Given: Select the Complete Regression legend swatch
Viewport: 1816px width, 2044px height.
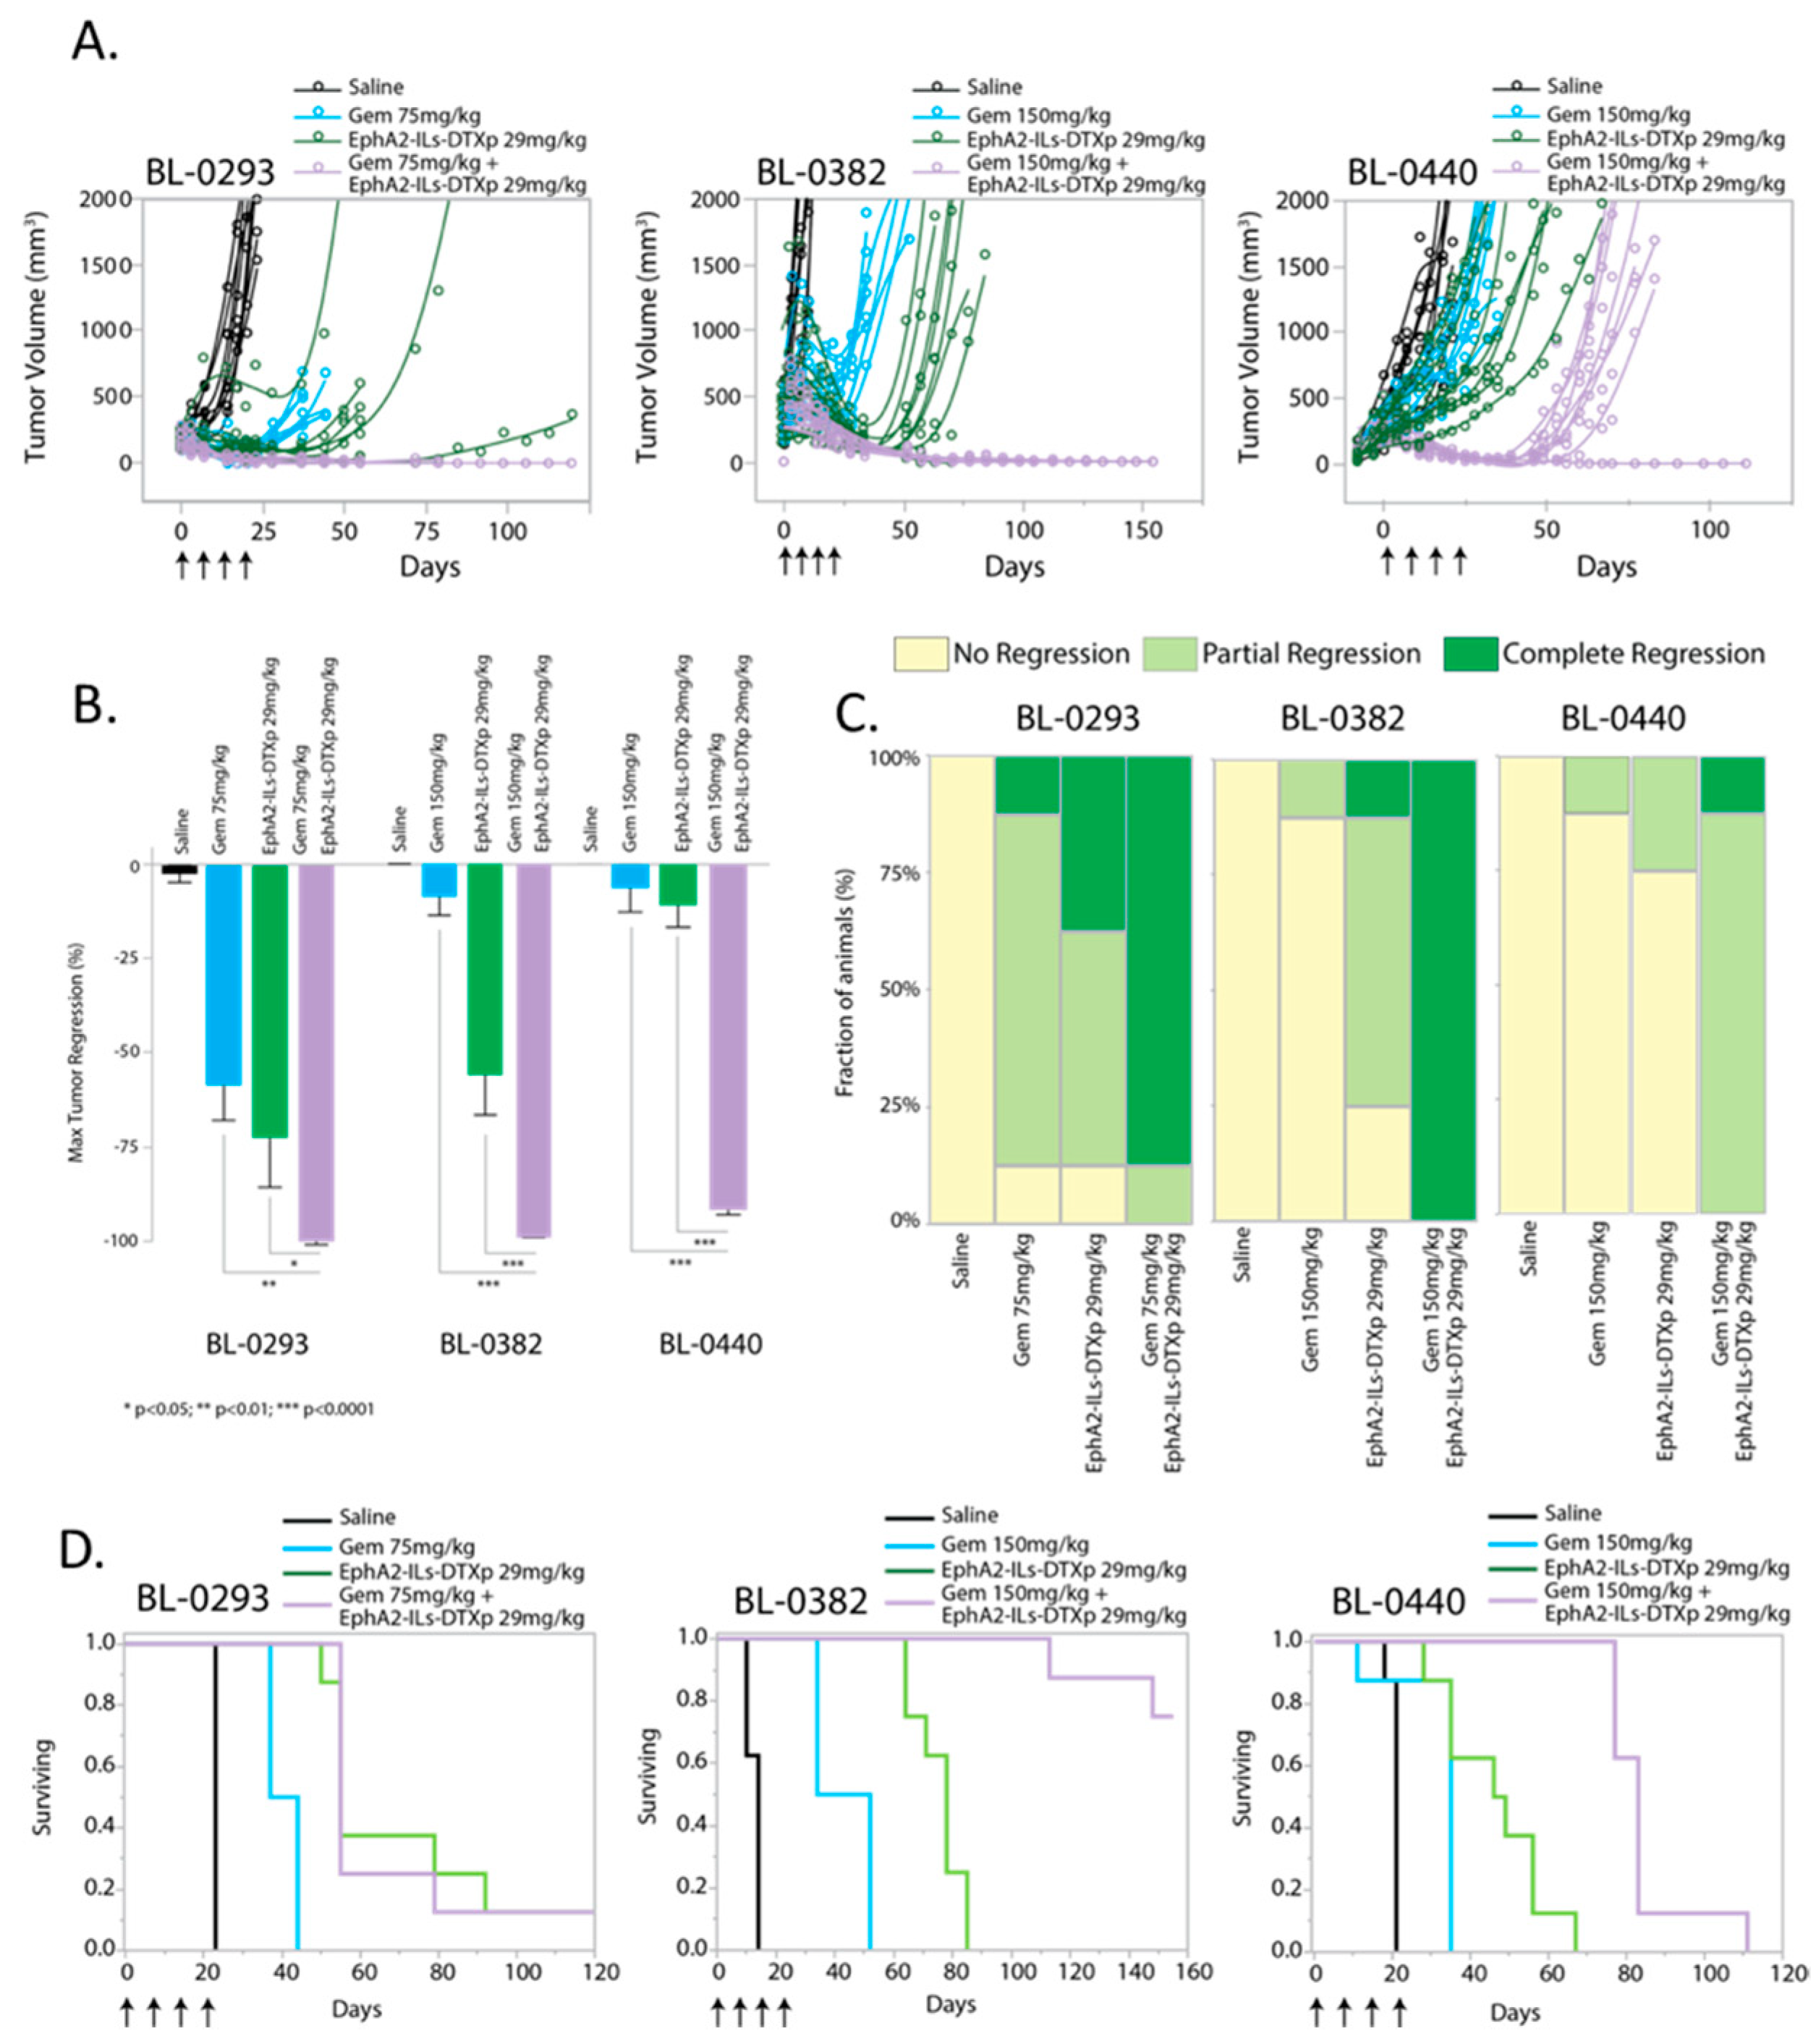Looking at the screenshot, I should [1470, 654].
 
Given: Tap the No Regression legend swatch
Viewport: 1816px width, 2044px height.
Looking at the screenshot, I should [920, 654].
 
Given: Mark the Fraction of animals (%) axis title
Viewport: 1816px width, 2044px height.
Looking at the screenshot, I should [845, 989].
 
